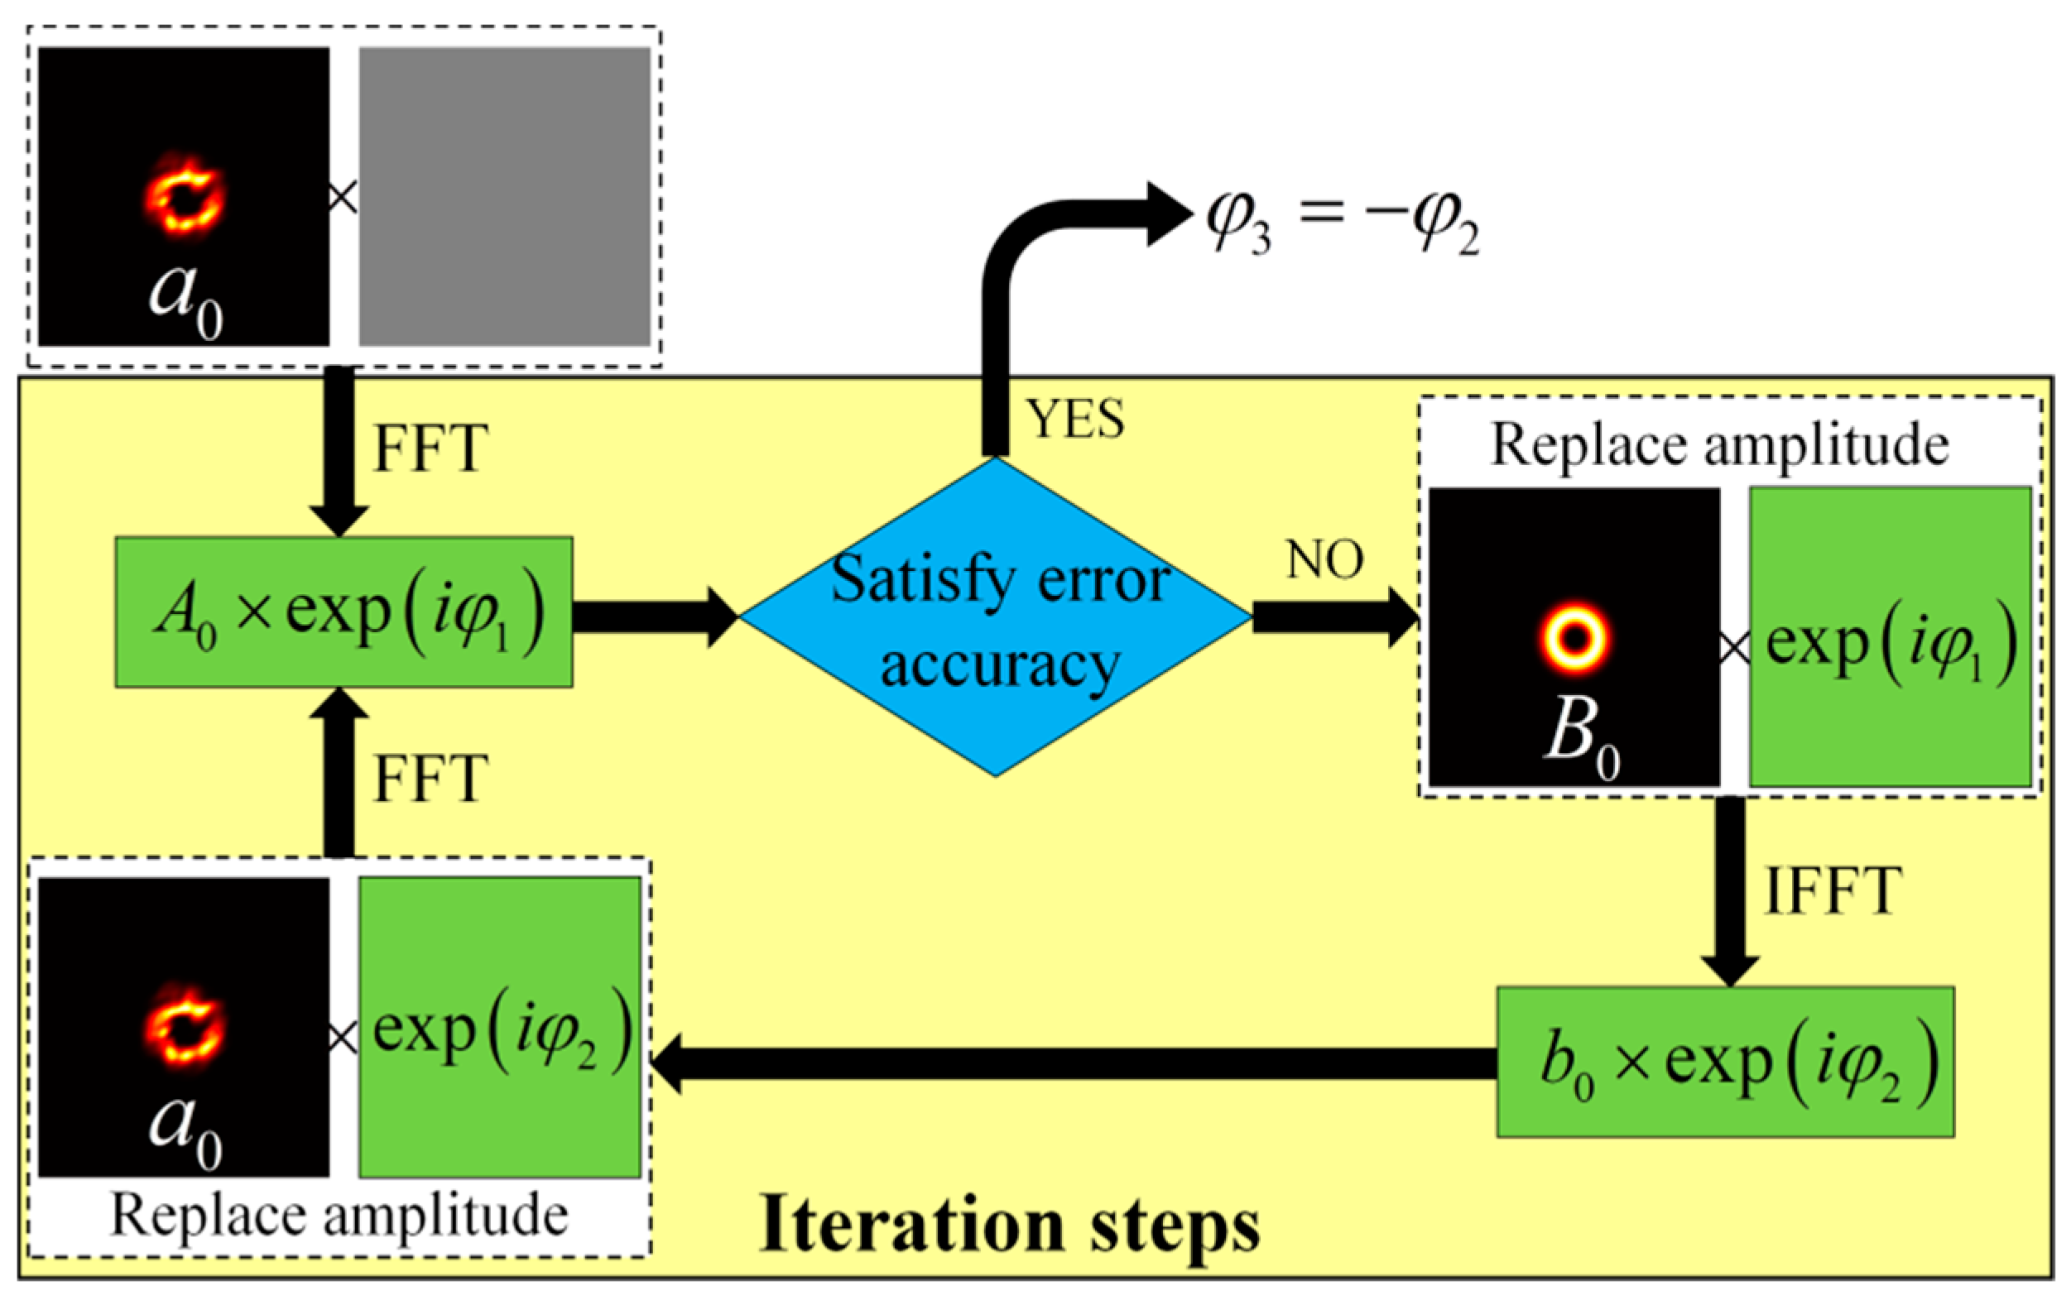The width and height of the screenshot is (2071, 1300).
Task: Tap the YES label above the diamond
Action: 1075,420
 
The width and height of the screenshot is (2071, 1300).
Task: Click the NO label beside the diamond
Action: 1324,560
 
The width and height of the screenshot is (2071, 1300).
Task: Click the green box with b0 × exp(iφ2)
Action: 1725,1062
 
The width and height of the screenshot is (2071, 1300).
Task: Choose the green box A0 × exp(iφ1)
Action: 344,612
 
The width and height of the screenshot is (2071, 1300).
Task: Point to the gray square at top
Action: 504,196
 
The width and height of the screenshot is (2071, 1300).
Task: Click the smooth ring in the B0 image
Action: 1574,638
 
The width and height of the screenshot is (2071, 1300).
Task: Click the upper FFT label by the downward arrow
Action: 430,449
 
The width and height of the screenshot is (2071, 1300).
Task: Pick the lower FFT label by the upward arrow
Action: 430,780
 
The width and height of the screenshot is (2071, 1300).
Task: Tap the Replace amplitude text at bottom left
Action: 339,1216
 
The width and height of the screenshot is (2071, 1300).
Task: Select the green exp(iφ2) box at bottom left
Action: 500,1028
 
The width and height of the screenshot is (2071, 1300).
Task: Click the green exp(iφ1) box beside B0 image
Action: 1891,636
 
